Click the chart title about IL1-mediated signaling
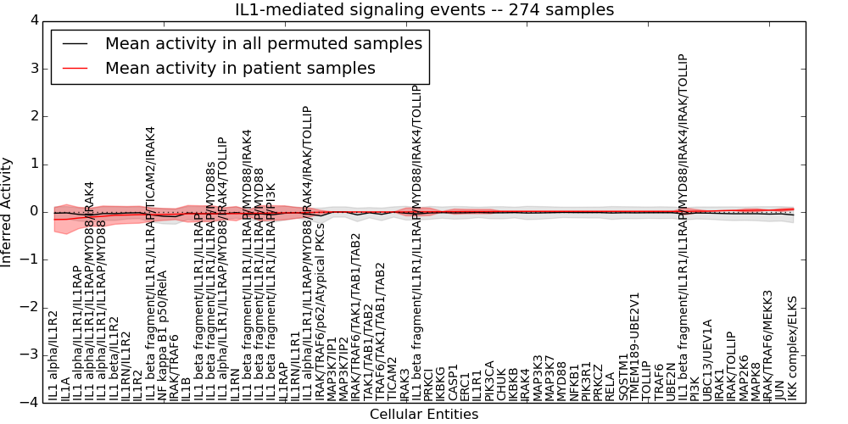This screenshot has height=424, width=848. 424,10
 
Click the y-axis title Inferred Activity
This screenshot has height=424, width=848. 8,211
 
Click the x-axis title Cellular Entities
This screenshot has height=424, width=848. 424,415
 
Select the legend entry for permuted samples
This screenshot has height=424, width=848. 263,43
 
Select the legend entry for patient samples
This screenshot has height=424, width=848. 240,69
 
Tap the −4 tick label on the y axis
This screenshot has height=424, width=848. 28,402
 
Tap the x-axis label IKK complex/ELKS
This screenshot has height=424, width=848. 793,348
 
